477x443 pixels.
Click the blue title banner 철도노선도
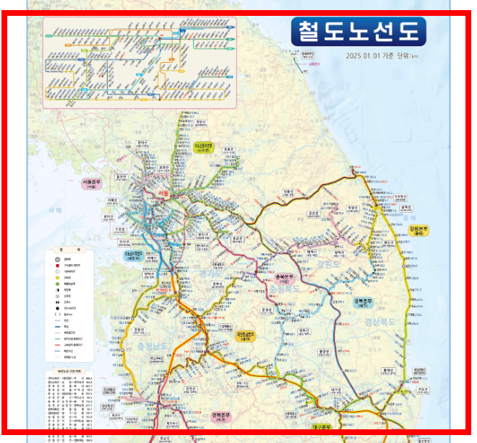click(358, 32)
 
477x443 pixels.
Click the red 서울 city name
click(163, 194)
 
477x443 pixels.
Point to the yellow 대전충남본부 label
click(251, 335)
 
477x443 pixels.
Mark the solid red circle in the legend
click(57, 266)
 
